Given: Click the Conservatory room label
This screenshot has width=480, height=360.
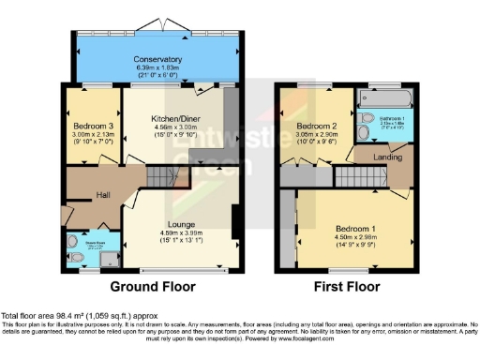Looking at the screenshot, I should (157, 59).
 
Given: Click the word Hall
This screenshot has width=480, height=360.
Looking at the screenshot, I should (104, 195).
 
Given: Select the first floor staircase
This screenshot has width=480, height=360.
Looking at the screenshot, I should (353, 174).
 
